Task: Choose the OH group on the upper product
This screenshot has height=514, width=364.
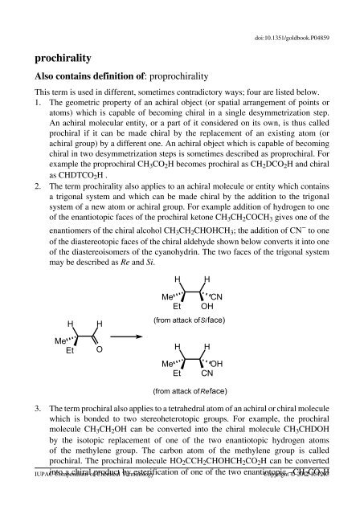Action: [207, 305]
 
